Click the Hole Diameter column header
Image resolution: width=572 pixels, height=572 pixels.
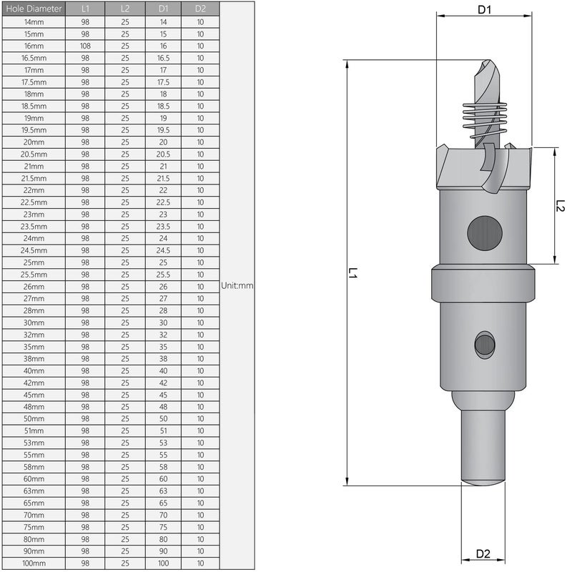(x=34, y=9)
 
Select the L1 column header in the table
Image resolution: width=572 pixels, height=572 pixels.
(x=85, y=9)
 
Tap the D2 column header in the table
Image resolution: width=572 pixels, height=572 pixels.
(x=200, y=9)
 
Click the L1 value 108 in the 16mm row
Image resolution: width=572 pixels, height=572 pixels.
(x=85, y=46)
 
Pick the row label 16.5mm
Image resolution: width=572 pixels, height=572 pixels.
(x=34, y=58)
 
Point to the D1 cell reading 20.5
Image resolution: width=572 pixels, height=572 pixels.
(x=163, y=154)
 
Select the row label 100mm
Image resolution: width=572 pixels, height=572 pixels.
(x=34, y=563)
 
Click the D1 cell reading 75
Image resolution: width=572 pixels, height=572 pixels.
(x=163, y=527)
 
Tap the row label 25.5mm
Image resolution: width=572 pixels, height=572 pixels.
(x=34, y=275)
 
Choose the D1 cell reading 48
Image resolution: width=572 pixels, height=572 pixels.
(x=163, y=407)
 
